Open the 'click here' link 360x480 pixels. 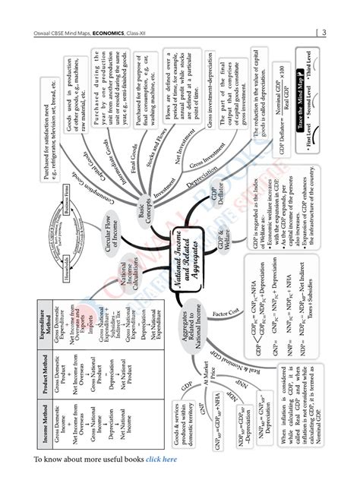tap(162, 459)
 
